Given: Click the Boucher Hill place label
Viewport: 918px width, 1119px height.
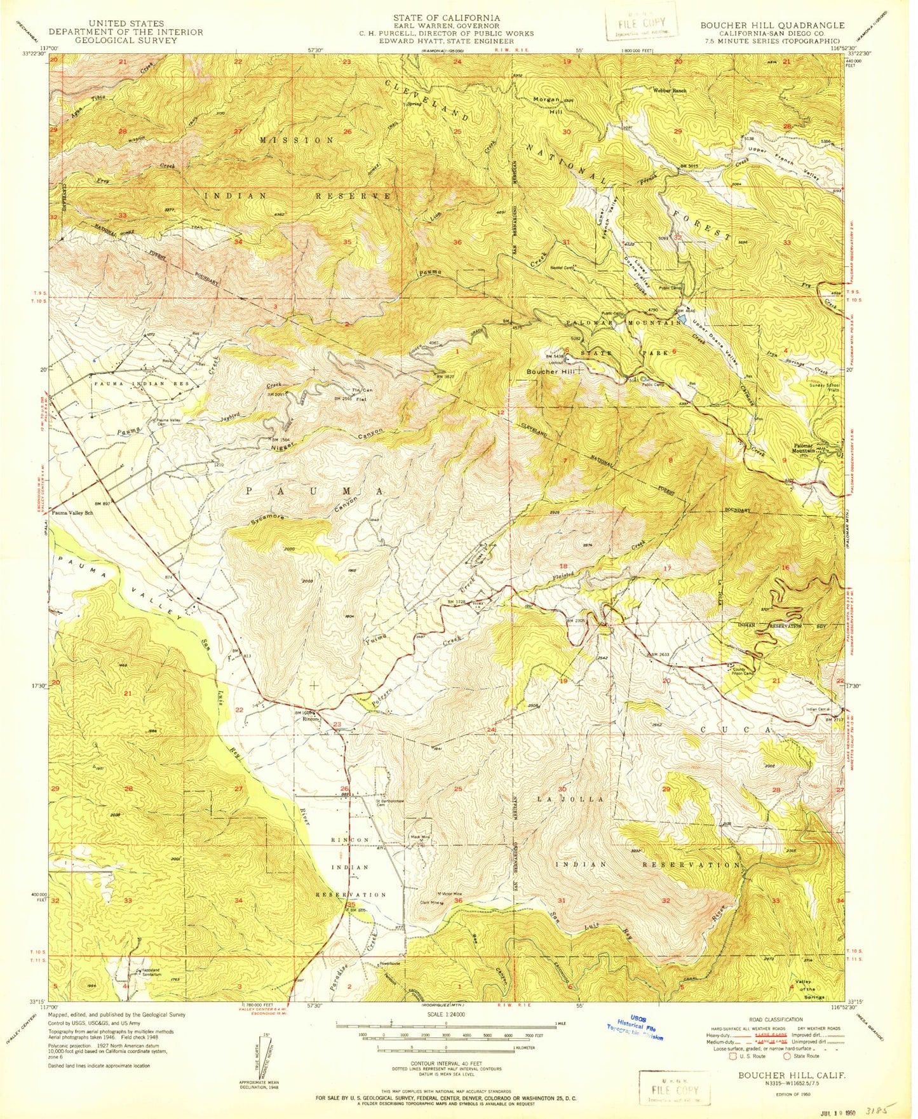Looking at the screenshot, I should click(550, 372).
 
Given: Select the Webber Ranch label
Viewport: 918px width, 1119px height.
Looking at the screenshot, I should click(670, 91).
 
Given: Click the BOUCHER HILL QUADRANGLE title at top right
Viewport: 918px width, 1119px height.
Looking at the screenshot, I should click(772, 25).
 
